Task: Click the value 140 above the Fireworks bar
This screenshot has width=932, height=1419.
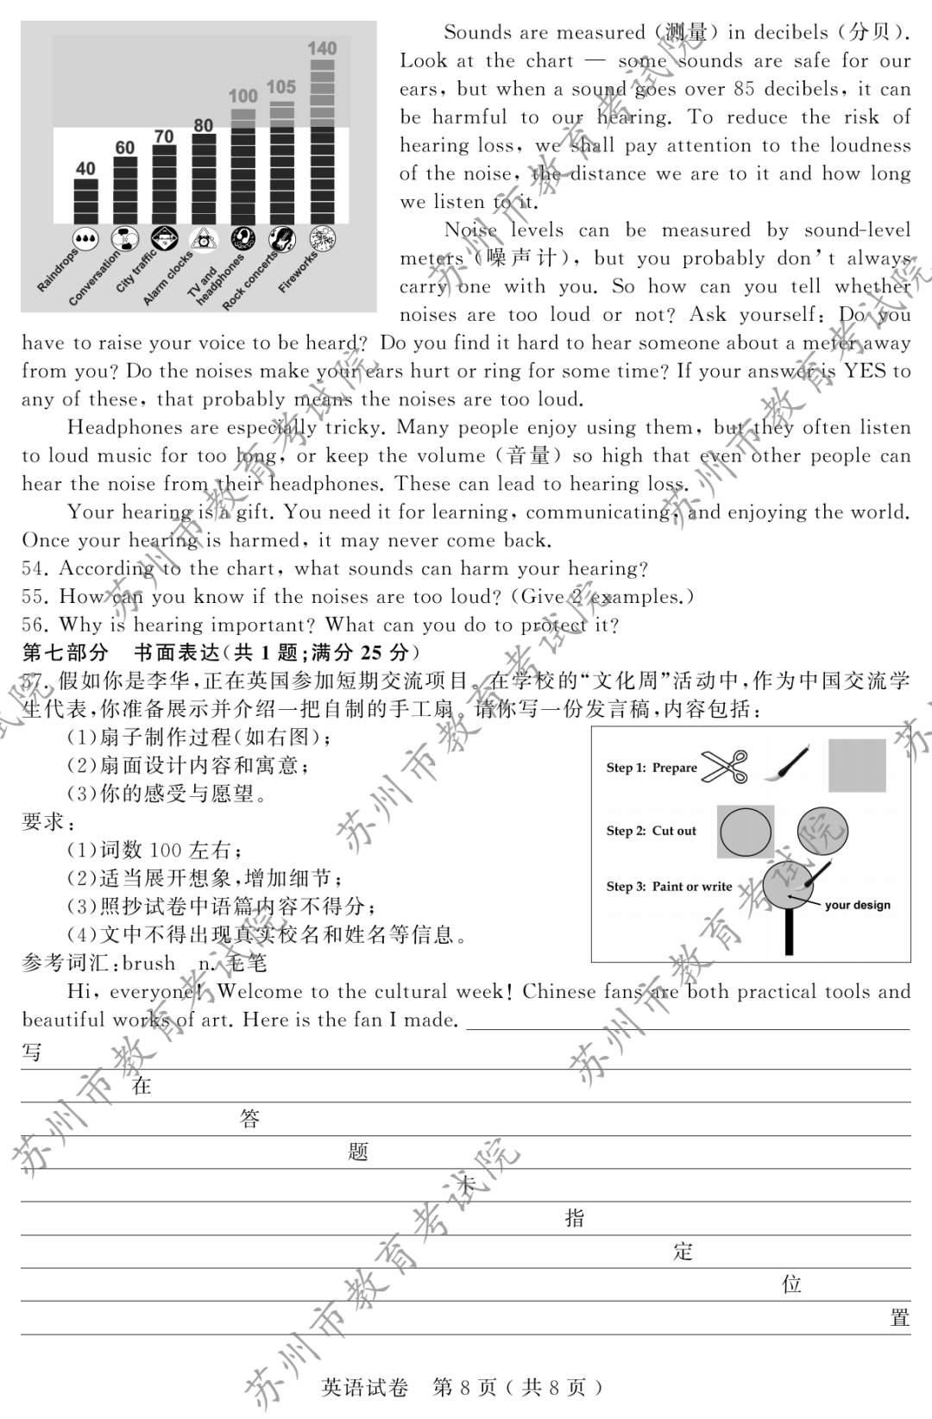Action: (x=322, y=48)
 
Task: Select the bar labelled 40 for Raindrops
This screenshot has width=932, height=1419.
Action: (x=85, y=202)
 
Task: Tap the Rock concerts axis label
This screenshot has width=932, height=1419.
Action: (x=249, y=281)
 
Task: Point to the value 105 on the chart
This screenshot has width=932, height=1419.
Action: (x=281, y=87)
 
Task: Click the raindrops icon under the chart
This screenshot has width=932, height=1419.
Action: (x=85, y=239)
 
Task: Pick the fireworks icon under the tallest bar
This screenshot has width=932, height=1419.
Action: (x=322, y=239)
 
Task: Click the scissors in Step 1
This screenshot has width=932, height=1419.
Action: (x=725, y=766)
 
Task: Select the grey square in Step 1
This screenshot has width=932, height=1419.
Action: (x=857, y=765)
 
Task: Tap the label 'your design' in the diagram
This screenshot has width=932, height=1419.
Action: (x=857, y=905)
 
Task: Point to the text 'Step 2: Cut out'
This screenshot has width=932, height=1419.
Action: (x=651, y=831)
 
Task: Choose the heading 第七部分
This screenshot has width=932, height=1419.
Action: (x=66, y=653)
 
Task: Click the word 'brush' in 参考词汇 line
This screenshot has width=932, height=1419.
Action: (x=148, y=964)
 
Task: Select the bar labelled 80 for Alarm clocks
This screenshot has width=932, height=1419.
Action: (x=203, y=181)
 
